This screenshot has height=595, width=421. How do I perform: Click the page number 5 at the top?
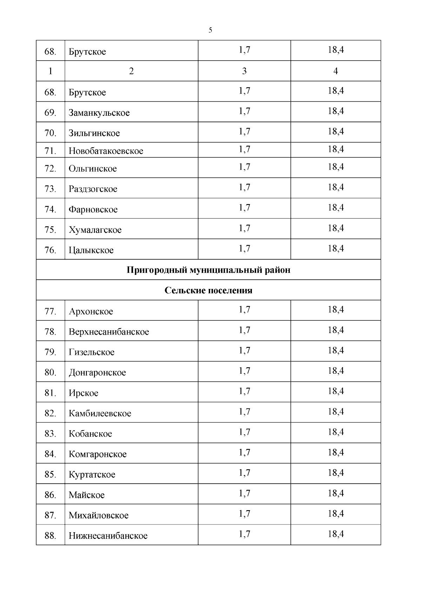(210, 30)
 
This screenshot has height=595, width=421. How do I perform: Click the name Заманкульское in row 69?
(99, 113)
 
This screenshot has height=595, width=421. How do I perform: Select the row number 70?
(51, 133)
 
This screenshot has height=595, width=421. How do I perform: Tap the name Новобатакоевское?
(106, 151)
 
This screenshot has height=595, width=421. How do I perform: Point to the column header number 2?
(131, 71)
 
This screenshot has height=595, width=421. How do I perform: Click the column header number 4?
(335, 71)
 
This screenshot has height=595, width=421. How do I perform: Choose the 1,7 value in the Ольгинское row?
(244, 167)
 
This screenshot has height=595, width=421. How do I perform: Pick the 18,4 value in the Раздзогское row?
(336, 187)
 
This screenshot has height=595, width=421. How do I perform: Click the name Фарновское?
(93, 210)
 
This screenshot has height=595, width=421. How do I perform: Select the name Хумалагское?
(95, 230)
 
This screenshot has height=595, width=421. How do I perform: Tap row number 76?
(51, 250)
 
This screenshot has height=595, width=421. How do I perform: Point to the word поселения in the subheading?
(230, 290)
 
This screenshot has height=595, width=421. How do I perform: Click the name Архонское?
(91, 311)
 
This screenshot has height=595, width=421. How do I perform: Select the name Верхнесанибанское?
(109, 332)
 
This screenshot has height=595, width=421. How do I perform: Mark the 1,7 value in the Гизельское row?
(244, 351)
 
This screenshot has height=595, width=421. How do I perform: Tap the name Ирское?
(83, 393)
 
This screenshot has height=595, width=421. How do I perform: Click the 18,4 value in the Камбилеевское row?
(336, 412)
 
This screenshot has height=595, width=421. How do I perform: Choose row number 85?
(51, 474)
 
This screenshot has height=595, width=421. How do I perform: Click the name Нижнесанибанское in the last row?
(108, 536)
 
